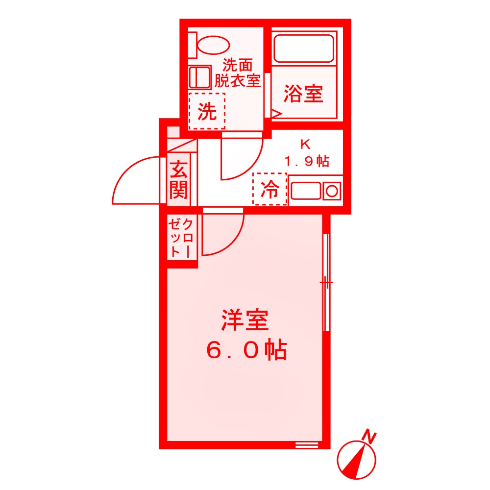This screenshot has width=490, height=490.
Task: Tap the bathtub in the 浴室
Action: (303, 48)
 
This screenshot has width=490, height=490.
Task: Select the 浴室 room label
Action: (303, 93)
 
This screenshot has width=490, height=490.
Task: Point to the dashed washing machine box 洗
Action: (207, 112)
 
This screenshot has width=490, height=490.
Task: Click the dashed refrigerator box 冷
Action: (269, 189)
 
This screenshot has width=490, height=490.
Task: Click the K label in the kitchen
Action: (306, 145)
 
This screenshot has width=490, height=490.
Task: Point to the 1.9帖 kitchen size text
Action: (307, 161)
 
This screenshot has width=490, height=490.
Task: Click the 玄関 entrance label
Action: (178, 180)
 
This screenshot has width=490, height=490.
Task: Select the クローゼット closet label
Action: (181, 238)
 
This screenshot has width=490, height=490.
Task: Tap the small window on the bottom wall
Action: (307, 445)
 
